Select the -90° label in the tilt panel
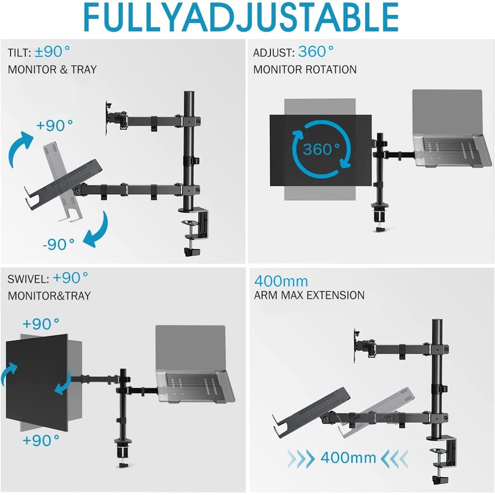(59, 244)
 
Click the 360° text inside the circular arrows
(321, 149)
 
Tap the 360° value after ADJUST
(316, 51)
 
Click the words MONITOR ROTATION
(305, 69)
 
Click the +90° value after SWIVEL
(71, 277)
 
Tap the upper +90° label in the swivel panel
(41, 323)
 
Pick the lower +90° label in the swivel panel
(41, 440)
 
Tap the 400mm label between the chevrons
(348, 458)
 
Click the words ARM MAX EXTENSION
(309, 296)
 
